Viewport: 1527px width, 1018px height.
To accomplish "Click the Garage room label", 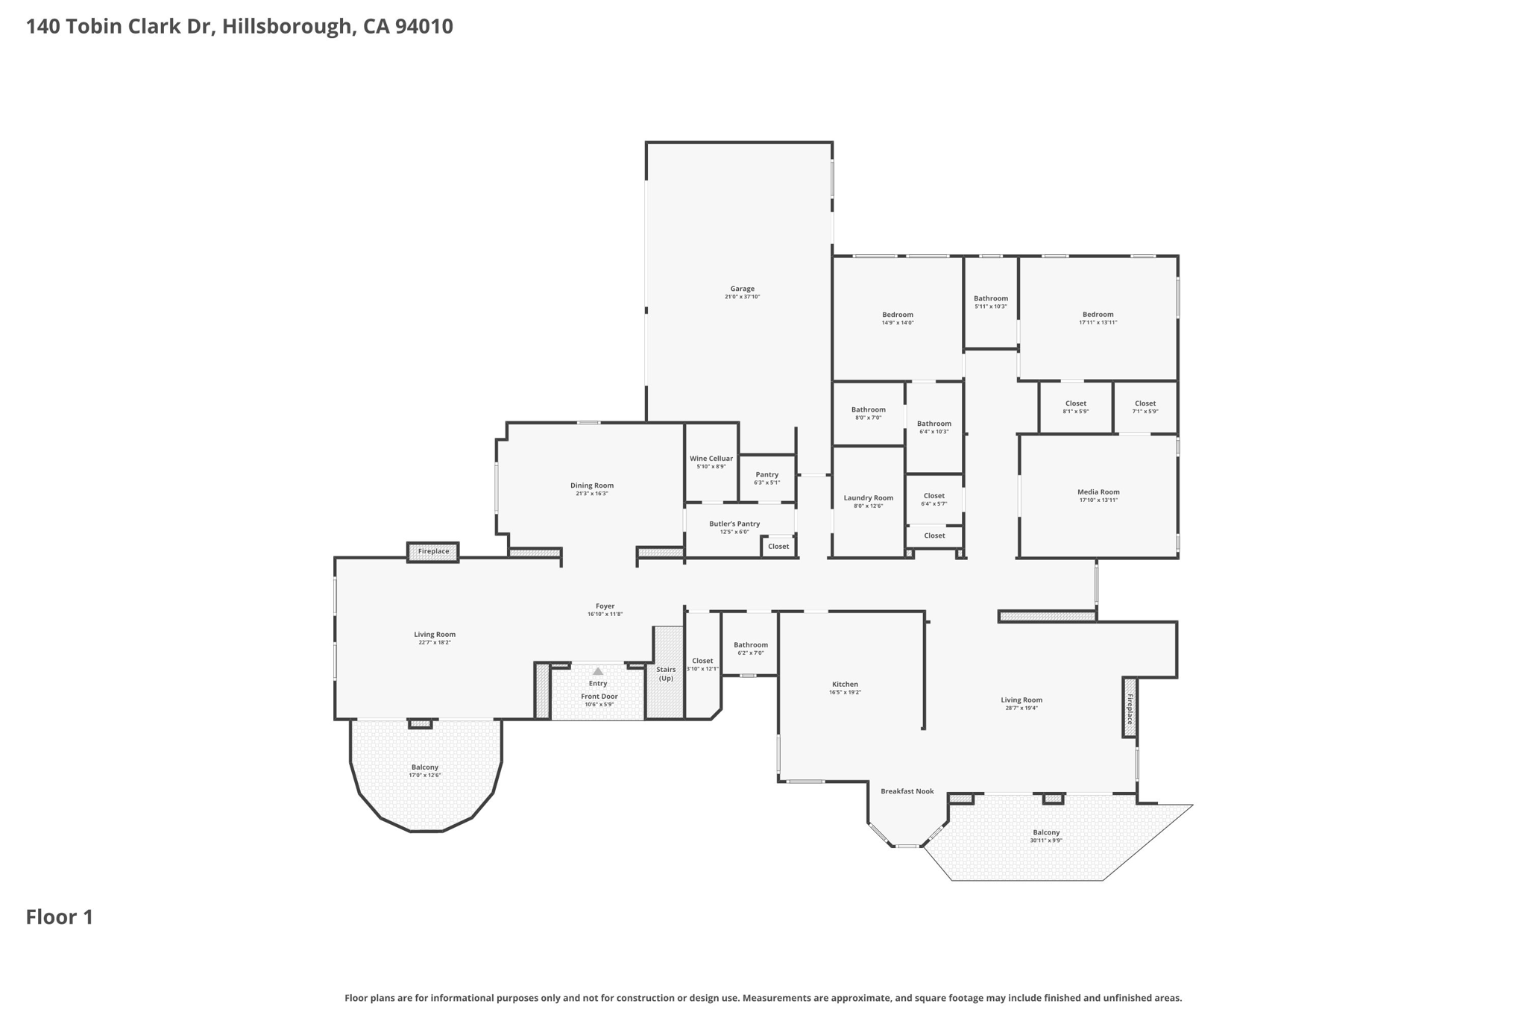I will pos(742,289).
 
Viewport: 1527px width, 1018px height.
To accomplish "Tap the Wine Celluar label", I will pos(711,459).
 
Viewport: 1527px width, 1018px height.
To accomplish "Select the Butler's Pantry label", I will pos(734,524).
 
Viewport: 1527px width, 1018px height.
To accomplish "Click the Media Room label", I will pos(1098,492).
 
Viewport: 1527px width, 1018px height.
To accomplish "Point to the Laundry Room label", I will pos(868,498).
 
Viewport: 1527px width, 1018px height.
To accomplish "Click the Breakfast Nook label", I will pos(907,791).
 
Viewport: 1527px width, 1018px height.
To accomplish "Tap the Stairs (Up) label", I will pos(666,673).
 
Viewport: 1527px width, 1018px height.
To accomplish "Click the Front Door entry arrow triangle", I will pos(597,671).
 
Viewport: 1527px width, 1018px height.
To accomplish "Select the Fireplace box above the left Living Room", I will pos(433,552).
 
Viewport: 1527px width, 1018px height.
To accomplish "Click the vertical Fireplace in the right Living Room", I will pos(1130,708).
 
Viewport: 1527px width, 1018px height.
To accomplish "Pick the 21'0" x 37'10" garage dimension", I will pos(742,297).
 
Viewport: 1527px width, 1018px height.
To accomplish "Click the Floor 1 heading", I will pos(60,917).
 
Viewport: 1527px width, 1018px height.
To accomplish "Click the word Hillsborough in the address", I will pos(286,27).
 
